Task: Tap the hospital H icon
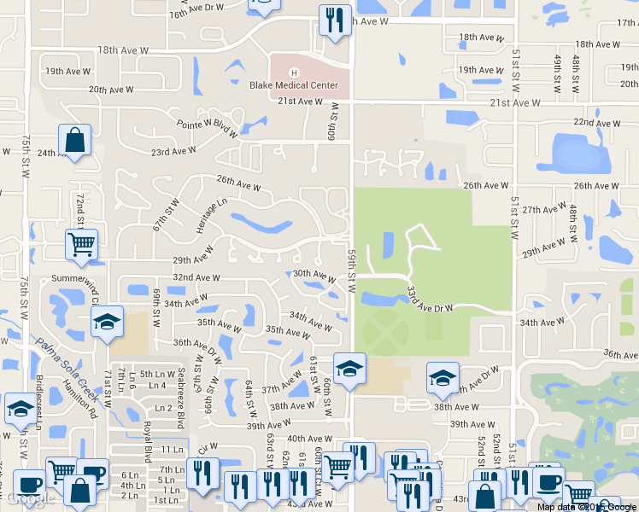294,72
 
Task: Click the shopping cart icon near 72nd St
81,245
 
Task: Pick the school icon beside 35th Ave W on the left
107,322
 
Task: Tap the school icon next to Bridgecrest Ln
20,409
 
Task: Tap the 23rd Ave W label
173,151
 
